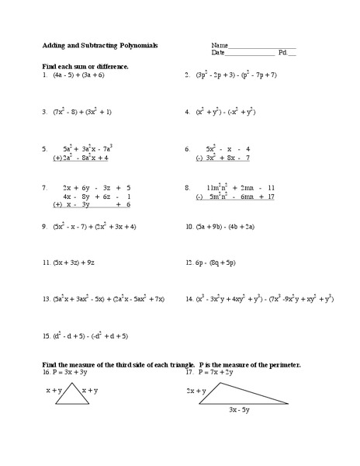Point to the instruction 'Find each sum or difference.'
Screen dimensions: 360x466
click(85, 67)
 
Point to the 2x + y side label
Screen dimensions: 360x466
click(196, 391)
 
